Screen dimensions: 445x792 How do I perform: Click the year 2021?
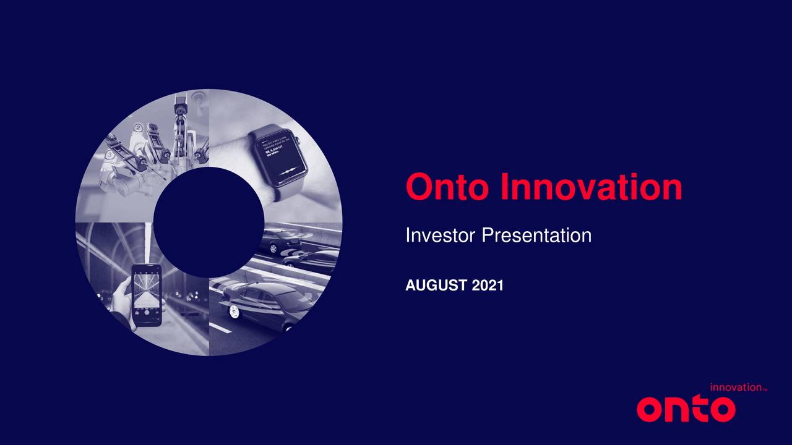coord(488,286)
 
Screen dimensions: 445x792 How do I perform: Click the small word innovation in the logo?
coord(735,388)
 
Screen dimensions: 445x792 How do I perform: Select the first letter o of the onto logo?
coord(649,410)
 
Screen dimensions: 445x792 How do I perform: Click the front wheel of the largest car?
coord(233,311)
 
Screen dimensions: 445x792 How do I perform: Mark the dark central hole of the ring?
coord(209,222)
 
